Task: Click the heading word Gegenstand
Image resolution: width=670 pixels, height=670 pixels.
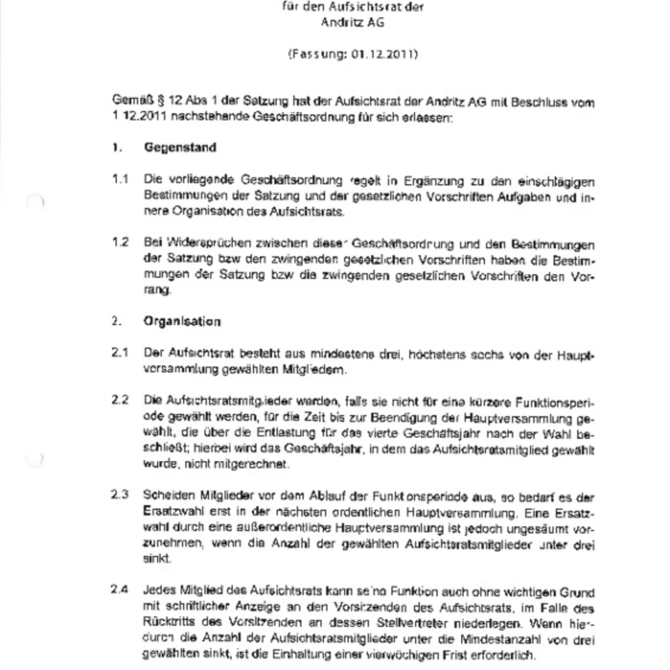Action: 180,148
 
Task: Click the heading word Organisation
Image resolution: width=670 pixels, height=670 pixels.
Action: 182,321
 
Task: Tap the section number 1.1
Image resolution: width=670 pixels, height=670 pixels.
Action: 120,179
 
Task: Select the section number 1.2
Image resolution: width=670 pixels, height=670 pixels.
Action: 120,242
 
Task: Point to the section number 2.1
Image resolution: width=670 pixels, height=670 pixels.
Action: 120,353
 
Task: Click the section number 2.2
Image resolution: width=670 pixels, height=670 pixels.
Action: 120,400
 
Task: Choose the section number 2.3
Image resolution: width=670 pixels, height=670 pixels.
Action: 120,495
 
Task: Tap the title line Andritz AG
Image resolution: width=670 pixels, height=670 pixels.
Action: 352,23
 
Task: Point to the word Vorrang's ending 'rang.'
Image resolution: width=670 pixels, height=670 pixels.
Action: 157,290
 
